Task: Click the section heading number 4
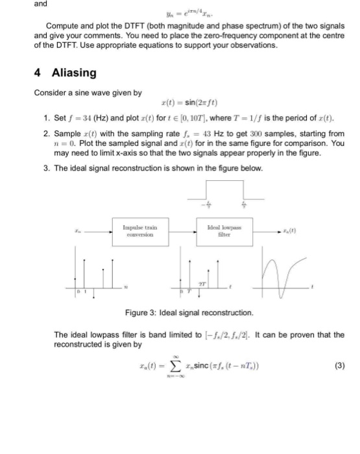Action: [38, 73]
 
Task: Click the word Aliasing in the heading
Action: [73, 73]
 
